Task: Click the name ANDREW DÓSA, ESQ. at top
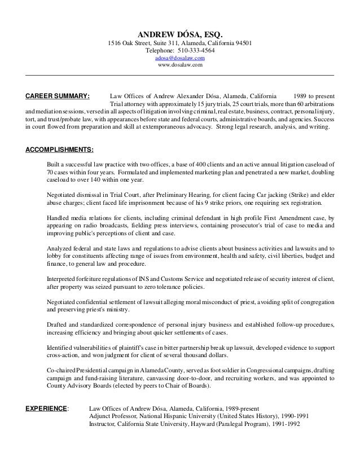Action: point(180,33)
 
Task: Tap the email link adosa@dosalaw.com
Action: point(180,58)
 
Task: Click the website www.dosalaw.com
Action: point(180,65)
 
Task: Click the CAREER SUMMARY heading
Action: point(58,96)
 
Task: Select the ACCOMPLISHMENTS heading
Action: point(60,150)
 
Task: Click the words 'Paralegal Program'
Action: point(231,424)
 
